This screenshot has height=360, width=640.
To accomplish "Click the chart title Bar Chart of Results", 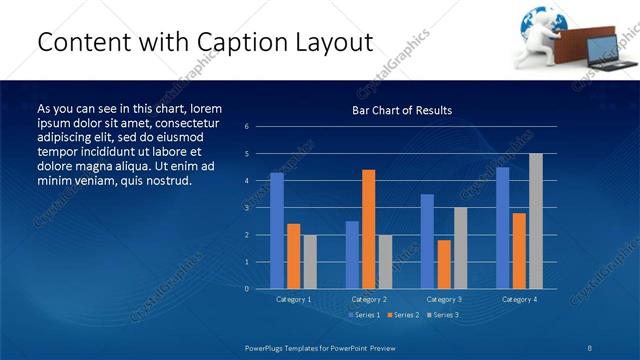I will (x=401, y=110).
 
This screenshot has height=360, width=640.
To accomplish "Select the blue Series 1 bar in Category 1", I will (x=277, y=231).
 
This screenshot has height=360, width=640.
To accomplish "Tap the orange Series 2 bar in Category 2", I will (x=368, y=229).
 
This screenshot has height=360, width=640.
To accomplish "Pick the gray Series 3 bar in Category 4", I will (x=536, y=221).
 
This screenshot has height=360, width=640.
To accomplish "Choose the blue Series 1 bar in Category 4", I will (x=502, y=228).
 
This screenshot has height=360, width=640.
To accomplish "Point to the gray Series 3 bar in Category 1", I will (x=310, y=261).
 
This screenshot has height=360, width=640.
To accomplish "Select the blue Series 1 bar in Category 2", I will (x=352, y=254).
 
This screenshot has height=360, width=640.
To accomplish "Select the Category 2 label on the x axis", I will (x=368, y=299).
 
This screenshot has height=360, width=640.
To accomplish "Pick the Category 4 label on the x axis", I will (x=518, y=299).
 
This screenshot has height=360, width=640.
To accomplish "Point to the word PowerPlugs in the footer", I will (x=268, y=347).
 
